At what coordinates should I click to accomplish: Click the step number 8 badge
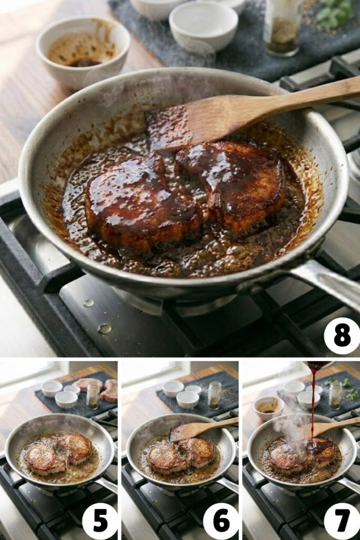click(x=342, y=336)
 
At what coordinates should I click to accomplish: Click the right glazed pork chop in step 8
click(x=235, y=185)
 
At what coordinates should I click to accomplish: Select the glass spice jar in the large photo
click(x=283, y=26)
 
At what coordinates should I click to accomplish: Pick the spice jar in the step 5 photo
click(x=93, y=396)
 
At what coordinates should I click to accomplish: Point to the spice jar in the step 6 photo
click(x=214, y=395)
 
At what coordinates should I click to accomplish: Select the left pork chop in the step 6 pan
click(x=167, y=458)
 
